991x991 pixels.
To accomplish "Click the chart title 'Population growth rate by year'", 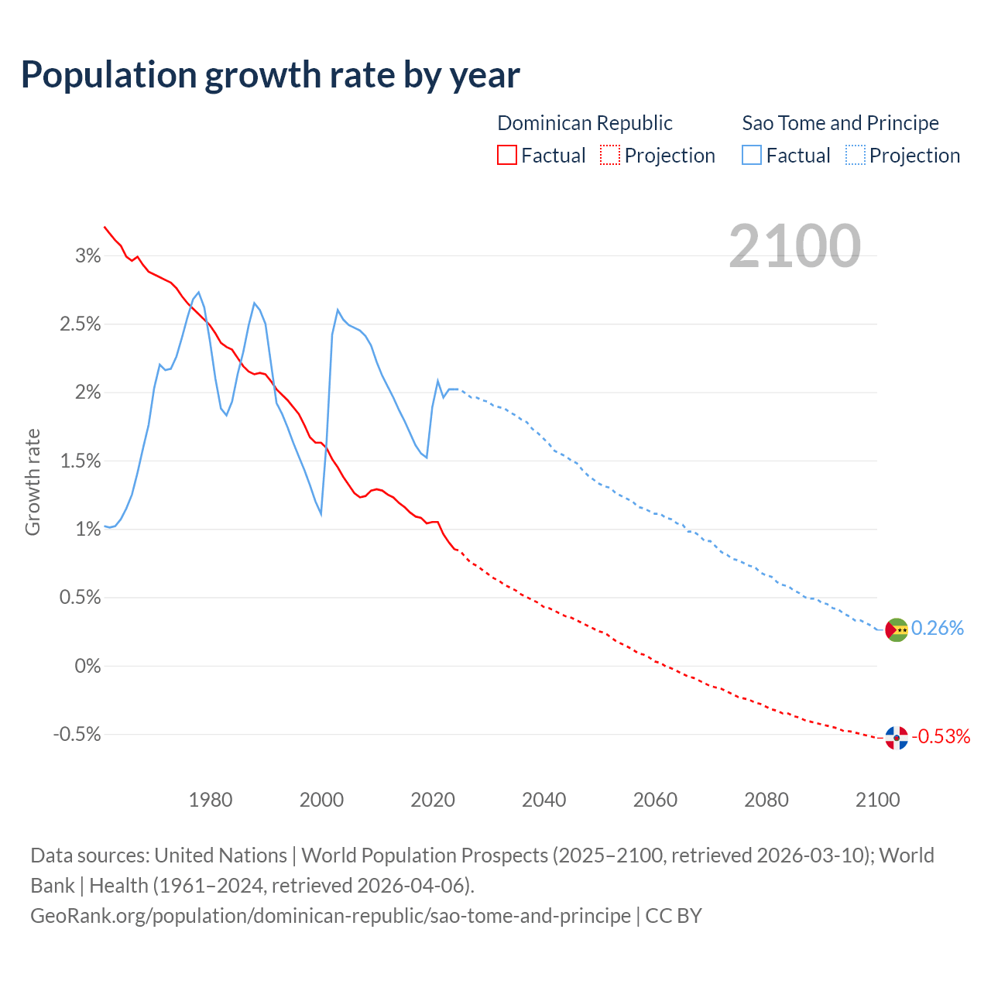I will pyautogui.click(x=270, y=75).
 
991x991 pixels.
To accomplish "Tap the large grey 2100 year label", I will pyautogui.click(x=794, y=245).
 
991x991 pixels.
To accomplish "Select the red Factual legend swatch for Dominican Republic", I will pyautogui.click(x=507, y=155).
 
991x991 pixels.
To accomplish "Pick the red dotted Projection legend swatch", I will pyautogui.click(x=610, y=155).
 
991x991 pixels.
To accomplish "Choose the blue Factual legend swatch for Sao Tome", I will pyautogui.click(x=752, y=155).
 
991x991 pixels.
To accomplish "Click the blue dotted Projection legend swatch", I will pyautogui.click(x=855, y=155).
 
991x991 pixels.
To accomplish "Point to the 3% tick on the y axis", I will pyautogui.click(x=87, y=256).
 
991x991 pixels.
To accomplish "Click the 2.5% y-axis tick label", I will pyautogui.click(x=80, y=324).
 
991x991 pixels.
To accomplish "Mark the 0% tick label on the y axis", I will pyautogui.click(x=87, y=666).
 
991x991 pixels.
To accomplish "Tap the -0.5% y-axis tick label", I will pyautogui.click(x=77, y=734).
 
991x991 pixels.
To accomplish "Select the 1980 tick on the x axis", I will pyautogui.click(x=211, y=800).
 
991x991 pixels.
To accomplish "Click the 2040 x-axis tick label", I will pyautogui.click(x=544, y=800).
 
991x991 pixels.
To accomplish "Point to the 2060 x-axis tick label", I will pyautogui.click(x=655, y=800).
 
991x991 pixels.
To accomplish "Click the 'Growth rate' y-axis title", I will pyautogui.click(x=33, y=482).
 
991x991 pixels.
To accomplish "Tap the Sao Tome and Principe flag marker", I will pyautogui.click(x=896, y=629).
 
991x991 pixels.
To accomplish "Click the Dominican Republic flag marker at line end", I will pyautogui.click(x=896, y=738).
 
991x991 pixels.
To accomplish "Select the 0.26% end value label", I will pyautogui.click(x=938, y=628).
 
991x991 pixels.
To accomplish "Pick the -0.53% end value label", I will pyautogui.click(x=941, y=736).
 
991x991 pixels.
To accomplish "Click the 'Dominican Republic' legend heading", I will pyautogui.click(x=585, y=123).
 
